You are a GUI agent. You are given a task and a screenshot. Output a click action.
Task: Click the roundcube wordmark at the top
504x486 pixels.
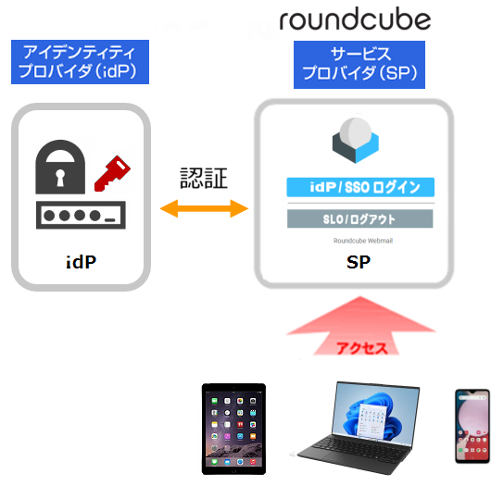[x=355, y=20]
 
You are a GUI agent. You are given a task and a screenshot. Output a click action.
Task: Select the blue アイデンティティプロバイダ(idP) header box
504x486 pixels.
[x=80, y=62]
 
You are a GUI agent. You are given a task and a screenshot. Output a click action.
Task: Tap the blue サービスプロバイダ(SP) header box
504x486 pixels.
[x=359, y=65]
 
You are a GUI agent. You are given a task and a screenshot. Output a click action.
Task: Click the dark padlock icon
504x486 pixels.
[x=60, y=167]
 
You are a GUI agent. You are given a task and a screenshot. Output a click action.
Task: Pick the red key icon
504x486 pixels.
[x=112, y=173]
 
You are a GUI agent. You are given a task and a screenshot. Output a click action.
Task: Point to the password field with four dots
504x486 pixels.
[x=81, y=215]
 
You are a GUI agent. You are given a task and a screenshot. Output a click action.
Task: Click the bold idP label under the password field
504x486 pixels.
[x=81, y=262]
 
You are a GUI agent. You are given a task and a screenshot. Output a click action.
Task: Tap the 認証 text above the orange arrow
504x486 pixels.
[x=204, y=178]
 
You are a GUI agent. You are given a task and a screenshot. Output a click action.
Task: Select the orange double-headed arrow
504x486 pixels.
[x=204, y=208]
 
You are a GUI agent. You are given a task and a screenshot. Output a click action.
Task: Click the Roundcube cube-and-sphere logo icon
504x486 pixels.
[x=356, y=140]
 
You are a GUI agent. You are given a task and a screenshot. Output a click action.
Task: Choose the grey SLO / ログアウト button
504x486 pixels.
[x=360, y=218]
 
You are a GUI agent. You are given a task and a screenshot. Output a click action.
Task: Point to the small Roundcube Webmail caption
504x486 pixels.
[x=363, y=241]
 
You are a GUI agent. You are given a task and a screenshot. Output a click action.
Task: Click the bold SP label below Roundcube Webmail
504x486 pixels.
[x=359, y=262]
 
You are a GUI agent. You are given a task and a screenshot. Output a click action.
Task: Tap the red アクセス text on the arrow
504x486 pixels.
[x=361, y=348]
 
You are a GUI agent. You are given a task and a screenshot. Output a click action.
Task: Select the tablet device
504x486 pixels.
[x=233, y=429]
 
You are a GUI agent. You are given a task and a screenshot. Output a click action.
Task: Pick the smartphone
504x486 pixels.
[x=472, y=426]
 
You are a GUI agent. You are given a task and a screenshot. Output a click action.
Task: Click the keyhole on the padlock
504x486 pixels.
[x=60, y=178]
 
